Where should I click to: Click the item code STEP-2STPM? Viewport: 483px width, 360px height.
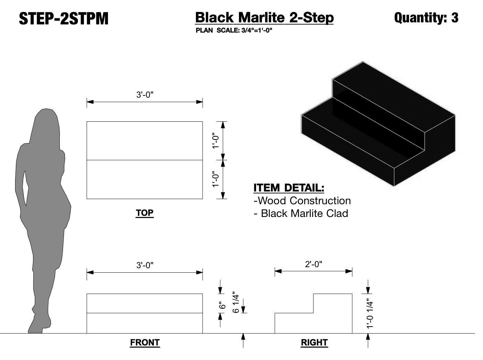tap(64, 19)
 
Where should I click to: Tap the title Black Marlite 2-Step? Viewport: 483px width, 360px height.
tap(264, 18)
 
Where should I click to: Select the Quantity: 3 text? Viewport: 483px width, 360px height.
tap(426, 18)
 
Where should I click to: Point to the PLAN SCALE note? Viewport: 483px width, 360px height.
tap(234, 30)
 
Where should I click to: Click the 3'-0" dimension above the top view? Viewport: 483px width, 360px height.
tap(145, 95)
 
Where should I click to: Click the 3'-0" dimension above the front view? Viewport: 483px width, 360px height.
tap(145, 265)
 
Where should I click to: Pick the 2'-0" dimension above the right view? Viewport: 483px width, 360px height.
tap(313, 264)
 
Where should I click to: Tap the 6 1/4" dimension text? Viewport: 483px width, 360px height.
tap(235, 302)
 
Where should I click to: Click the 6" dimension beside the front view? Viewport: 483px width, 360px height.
tap(222, 305)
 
